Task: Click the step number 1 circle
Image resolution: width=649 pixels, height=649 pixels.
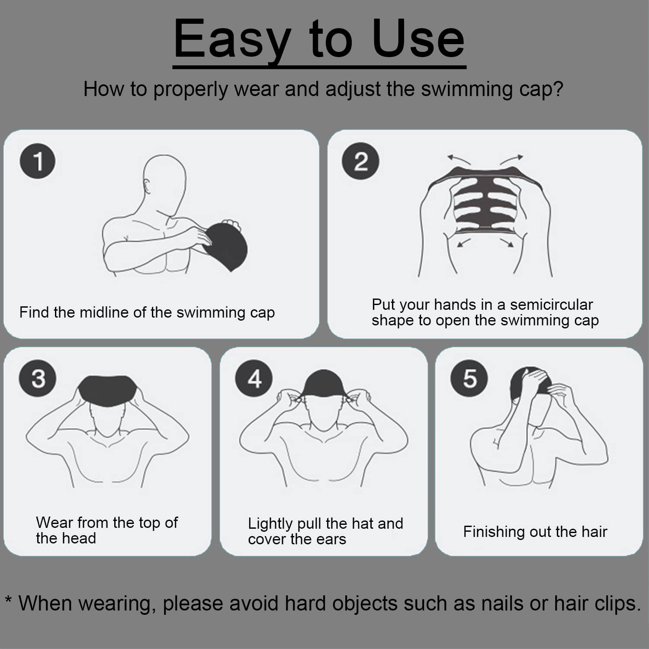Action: click(38, 161)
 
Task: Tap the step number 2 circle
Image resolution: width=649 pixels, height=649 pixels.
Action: click(360, 161)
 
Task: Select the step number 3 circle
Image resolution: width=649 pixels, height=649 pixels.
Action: click(38, 378)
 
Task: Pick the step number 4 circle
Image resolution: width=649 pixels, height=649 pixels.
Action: click(254, 379)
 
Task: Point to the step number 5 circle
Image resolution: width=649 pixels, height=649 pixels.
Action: click(469, 379)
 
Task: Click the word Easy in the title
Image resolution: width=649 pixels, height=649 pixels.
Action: click(232, 40)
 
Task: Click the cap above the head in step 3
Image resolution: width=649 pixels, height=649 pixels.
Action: click(108, 390)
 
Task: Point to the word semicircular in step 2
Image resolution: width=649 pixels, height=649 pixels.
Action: click(551, 304)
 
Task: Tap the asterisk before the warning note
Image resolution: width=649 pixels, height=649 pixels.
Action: click(9, 599)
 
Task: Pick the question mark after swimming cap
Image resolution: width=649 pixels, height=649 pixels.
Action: click(558, 89)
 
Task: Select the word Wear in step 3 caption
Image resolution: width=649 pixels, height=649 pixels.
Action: click(55, 522)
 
